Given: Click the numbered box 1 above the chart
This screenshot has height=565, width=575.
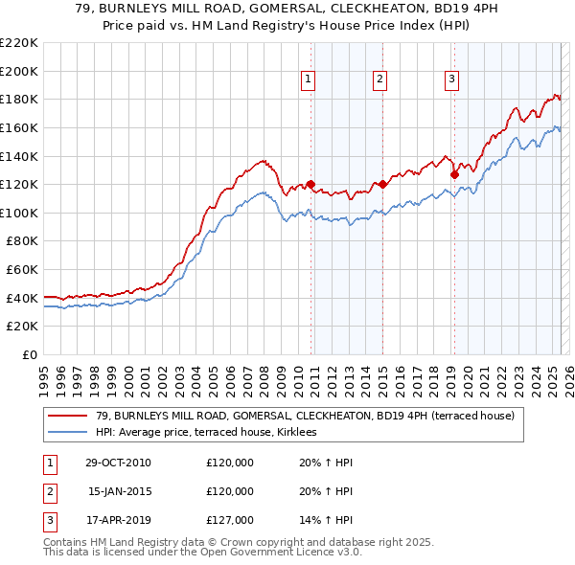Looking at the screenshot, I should [x=309, y=79].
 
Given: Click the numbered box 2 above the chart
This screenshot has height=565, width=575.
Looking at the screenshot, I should [x=379, y=79].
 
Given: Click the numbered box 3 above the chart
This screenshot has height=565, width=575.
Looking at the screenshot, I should [x=451, y=79].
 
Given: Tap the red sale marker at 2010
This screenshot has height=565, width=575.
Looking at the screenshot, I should [x=311, y=184].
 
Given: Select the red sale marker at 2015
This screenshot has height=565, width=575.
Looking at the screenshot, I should [x=382, y=184].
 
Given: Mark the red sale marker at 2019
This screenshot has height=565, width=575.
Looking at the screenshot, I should [x=454, y=174].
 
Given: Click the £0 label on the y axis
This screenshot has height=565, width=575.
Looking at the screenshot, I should [x=29, y=354].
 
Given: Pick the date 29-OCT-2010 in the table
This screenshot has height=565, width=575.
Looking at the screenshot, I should [x=118, y=463].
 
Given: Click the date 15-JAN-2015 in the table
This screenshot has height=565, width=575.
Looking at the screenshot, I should [x=118, y=491].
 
